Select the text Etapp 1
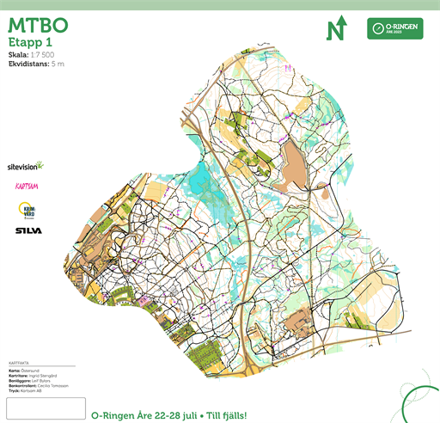click(31, 41)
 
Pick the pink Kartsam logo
click(27, 186)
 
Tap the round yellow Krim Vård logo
click(27, 210)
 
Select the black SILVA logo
click(27, 230)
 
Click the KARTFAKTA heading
click(18, 364)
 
